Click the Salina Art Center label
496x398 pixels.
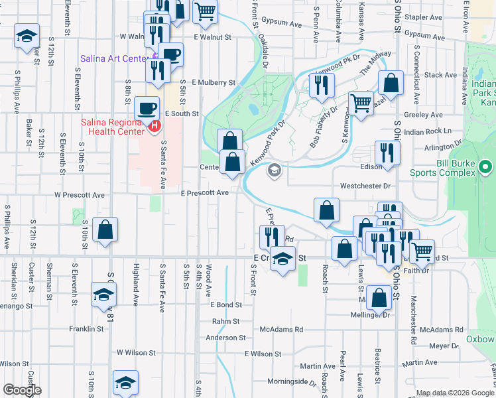[x=114, y=59]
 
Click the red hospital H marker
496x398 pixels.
[x=155, y=125]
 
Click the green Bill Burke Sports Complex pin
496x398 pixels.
[x=486, y=166]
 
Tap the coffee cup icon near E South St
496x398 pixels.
[x=146, y=107]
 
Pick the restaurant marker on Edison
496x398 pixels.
[x=386, y=153]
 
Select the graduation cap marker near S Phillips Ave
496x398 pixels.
[x=27, y=35]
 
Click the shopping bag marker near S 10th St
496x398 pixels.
[x=105, y=230]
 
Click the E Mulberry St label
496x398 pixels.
[x=214, y=83]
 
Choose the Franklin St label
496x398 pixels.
[x=86, y=328]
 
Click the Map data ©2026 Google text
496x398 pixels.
[x=454, y=393]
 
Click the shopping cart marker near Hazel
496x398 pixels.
[x=361, y=103]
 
